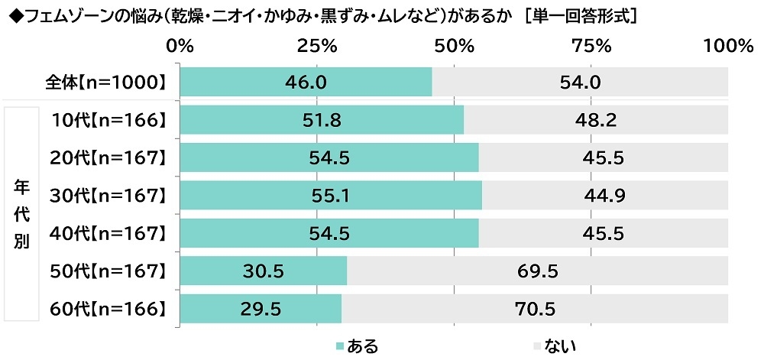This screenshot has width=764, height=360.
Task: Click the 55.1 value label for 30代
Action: click(331, 195)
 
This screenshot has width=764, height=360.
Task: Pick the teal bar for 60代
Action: click(260, 308)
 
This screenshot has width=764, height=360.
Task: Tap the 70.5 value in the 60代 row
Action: click(535, 308)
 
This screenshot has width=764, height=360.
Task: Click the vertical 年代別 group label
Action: click(21, 213)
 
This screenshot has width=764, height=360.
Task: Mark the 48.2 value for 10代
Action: click(595, 119)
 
